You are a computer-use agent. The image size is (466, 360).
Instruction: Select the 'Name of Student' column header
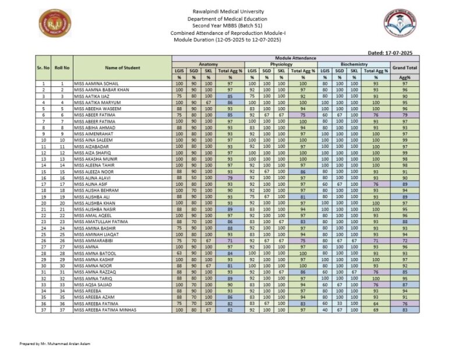click(x=122, y=68)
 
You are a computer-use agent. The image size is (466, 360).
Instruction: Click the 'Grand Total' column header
click(x=405, y=68)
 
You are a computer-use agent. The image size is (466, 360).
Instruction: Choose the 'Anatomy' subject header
click(x=208, y=64)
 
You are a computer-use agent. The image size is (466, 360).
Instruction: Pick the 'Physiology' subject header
click(x=281, y=64)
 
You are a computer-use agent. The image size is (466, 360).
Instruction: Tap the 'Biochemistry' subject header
click(x=354, y=64)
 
